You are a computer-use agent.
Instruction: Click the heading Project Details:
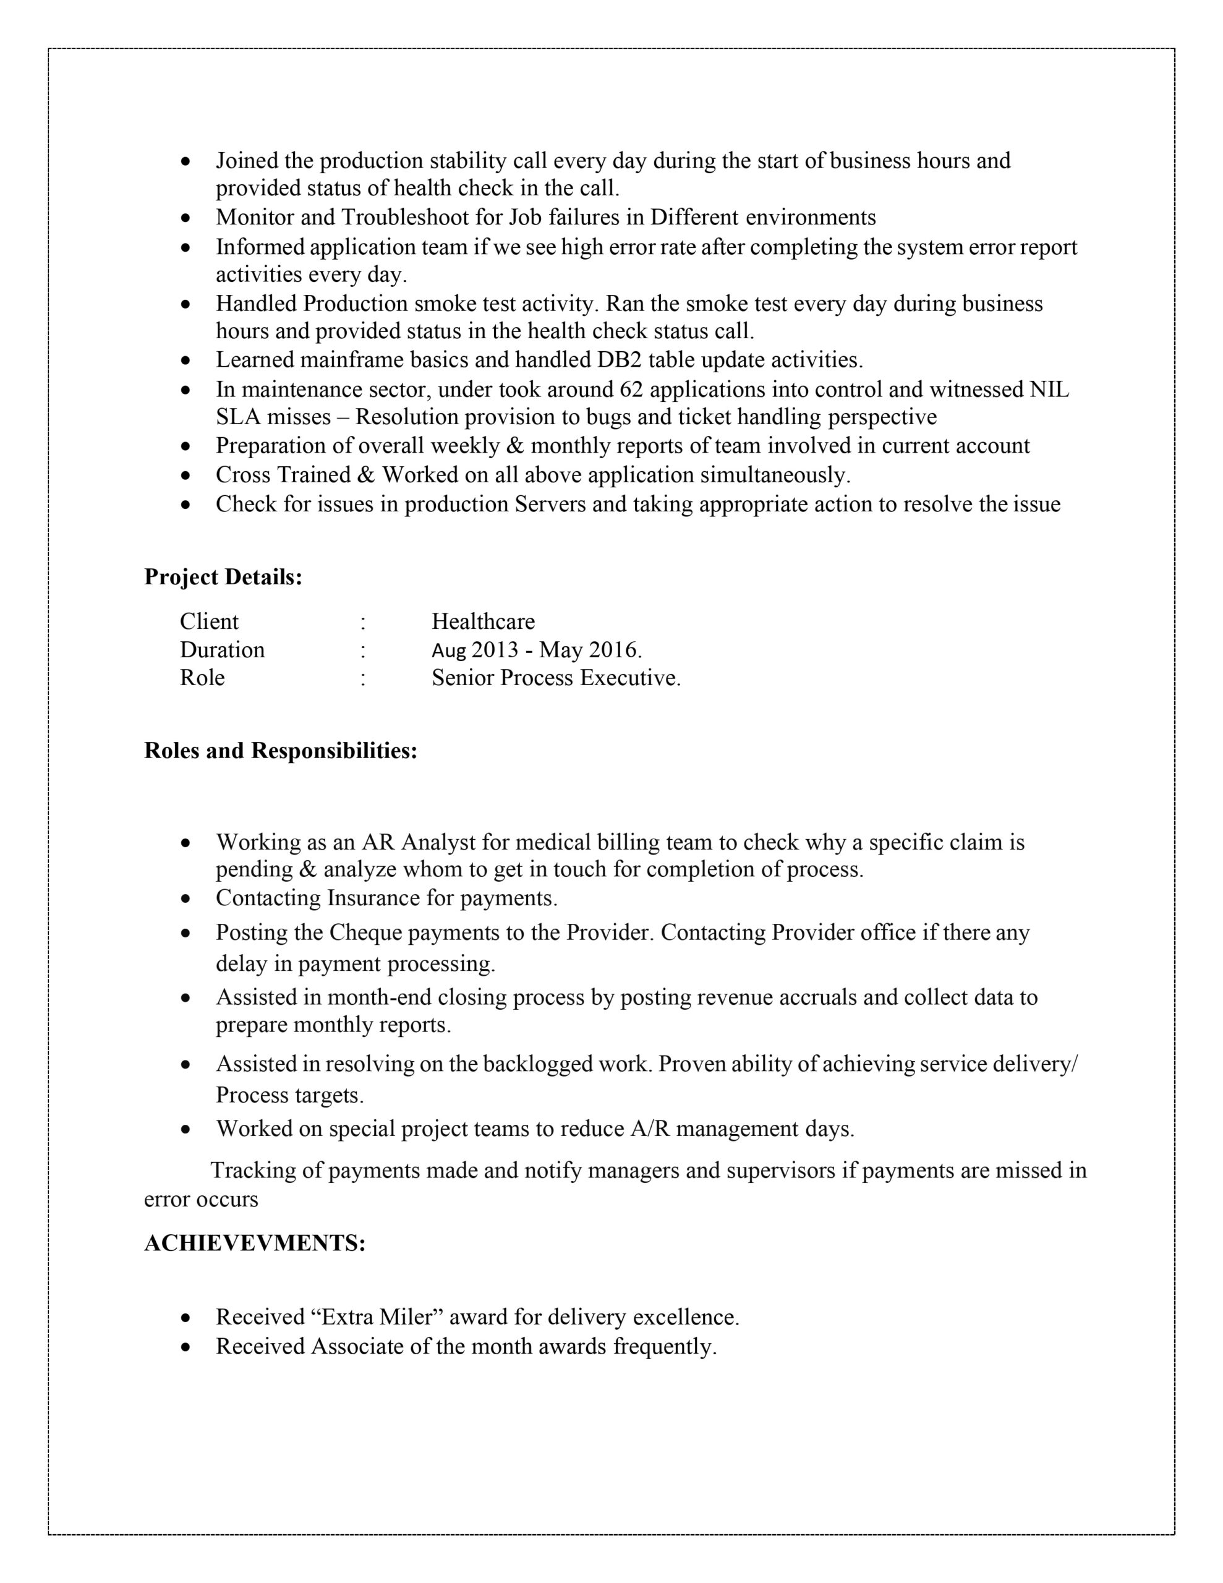[223, 577]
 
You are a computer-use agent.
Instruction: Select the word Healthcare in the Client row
[483, 621]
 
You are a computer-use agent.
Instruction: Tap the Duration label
[222, 649]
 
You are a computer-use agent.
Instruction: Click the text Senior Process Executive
[555, 678]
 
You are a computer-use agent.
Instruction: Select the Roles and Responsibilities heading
[281, 750]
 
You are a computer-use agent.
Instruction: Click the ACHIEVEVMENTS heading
[255, 1243]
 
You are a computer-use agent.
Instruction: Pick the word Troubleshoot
[404, 218]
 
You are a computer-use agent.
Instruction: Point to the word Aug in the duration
[448, 650]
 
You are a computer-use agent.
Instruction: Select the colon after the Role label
[362, 678]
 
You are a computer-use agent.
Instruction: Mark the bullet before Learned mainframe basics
[186, 361]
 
